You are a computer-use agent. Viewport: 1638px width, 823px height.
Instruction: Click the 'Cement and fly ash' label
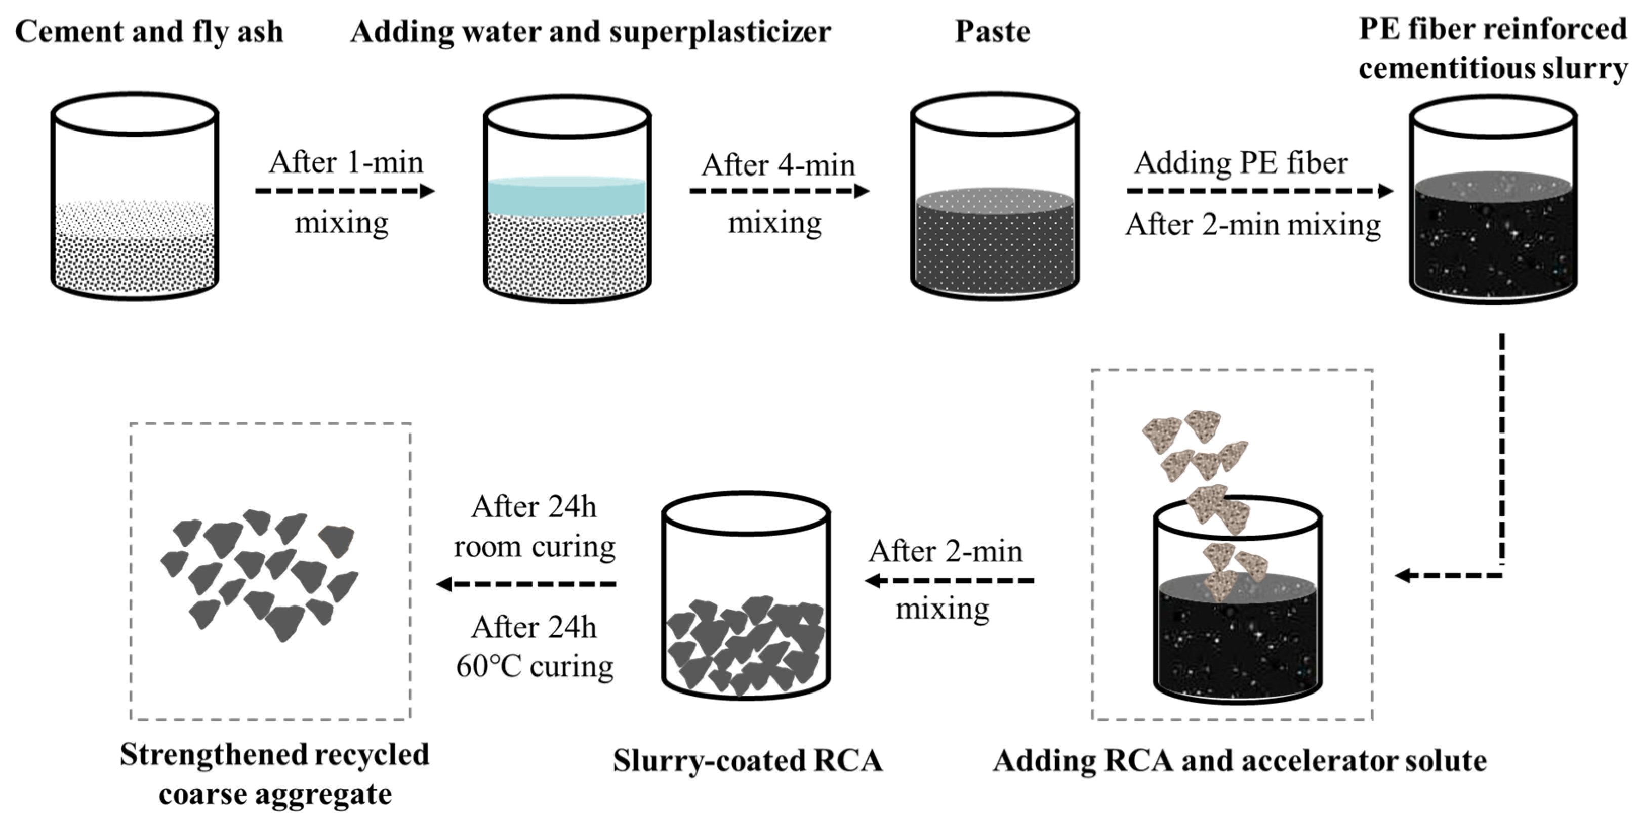click(149, 32)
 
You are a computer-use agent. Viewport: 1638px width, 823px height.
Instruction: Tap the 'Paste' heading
click(992, 32)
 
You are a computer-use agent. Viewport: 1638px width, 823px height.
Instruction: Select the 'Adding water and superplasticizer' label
click(591, 32)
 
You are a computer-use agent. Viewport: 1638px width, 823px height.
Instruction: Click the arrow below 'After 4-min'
click(779, 191)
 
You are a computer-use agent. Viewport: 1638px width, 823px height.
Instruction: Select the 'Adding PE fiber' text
click(1241, 163)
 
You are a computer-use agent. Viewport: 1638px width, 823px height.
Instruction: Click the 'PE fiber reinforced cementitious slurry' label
click(1492, 49)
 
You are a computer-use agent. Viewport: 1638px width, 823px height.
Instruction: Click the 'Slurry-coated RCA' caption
click(747, 761)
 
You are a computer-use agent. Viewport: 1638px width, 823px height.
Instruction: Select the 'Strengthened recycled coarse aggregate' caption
click(275, 774)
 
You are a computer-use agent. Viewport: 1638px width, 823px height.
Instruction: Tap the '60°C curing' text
click(534, 667)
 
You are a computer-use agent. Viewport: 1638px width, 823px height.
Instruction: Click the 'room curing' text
click(534, 546)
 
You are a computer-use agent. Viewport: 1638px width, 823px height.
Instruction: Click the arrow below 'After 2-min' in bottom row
click(949, 580)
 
